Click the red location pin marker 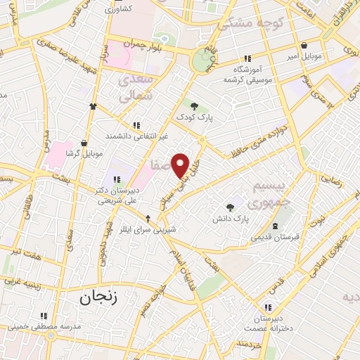click(x=181, y=165)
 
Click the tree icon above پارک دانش click(x=231, y=207)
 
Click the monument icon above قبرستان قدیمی click(x=275, y=226)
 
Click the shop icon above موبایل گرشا click(x=85, y=142)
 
